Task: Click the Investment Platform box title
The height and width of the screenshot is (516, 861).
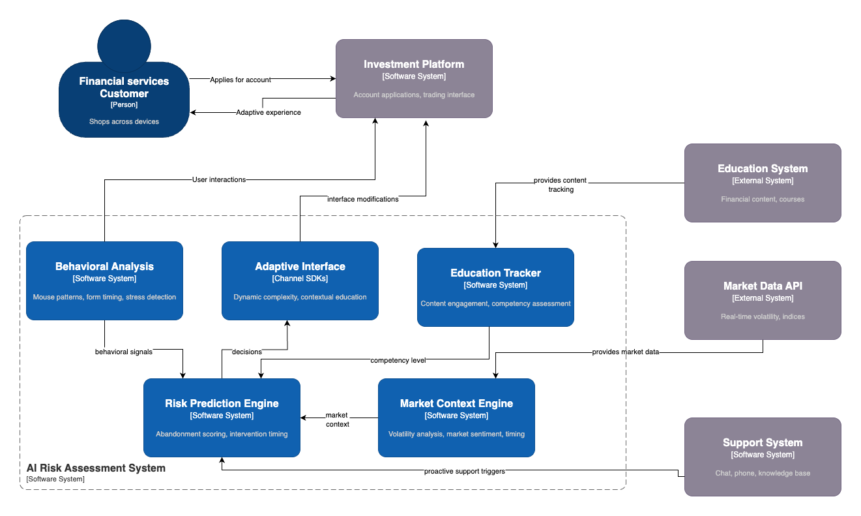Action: coord(414,64)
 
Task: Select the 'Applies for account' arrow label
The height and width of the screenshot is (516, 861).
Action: coord(241,80)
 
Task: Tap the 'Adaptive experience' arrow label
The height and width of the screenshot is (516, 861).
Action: coord(268,112)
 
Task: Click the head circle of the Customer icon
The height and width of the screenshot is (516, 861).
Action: coord(124,46)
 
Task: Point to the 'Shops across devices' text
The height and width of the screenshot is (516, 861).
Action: coord(124,121)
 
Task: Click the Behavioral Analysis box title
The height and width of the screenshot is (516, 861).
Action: coord(104,266)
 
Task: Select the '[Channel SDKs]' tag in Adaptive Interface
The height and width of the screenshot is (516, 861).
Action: coord(300,279)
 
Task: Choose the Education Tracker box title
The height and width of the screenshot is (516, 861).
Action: coord(495,273)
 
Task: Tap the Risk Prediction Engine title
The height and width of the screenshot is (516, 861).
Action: coord(222,403)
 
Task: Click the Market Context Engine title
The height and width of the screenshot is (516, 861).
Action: coord(456,403)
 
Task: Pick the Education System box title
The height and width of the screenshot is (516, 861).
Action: coord(763,168)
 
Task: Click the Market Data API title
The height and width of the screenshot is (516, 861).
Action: coord(763,286)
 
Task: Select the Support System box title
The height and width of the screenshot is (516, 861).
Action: coord(763,442)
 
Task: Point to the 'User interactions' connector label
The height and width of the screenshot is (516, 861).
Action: coord(219,179)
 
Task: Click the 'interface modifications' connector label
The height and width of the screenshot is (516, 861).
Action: coord(362,199)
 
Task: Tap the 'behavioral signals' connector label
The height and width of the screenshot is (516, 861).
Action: coord(124,352)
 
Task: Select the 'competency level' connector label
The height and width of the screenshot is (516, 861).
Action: coord(398,360)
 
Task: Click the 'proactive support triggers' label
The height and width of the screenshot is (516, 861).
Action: coord(464,471)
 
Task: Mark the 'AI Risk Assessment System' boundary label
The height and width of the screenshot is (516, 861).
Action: coord(96,468)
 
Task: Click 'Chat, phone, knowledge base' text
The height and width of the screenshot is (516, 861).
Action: coord(763,473)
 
